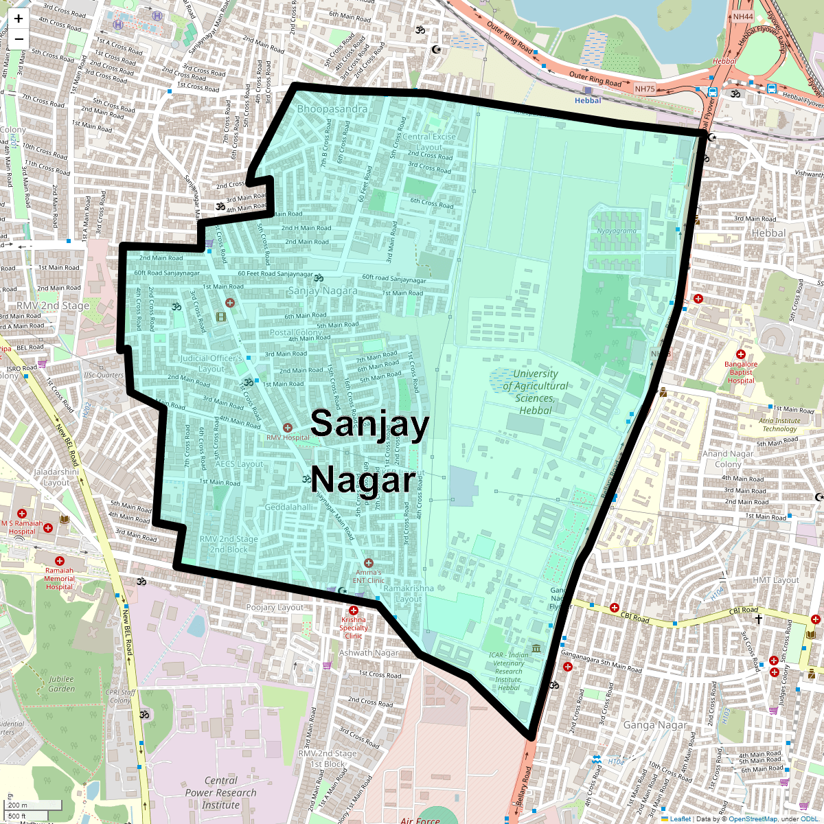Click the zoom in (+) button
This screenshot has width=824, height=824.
tap(19, 19)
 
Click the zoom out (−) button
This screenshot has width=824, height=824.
tap(19, 39)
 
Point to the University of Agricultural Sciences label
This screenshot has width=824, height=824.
tap(536, 392)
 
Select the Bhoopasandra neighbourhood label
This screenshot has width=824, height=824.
tap(332, 109)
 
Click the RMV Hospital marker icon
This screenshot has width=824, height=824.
tap(288, 428)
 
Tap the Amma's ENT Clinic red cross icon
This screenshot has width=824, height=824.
tap(369, 563)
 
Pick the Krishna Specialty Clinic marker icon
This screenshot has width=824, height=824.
tap(354, 610)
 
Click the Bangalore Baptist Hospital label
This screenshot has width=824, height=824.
tap(741, 372)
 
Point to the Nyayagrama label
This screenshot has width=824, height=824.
tap(617, 231)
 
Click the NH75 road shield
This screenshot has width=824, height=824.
tap(645, 89)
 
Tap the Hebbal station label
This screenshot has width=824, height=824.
tap(588, 100)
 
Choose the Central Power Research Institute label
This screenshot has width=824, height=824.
tap(220, 792)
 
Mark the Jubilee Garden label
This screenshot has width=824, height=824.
tap(61, 683)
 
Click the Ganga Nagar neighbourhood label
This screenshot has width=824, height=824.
tap(654, 725)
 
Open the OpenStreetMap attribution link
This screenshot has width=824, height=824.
tap(753, 819)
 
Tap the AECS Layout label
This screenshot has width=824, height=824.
tap(239, 464)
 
